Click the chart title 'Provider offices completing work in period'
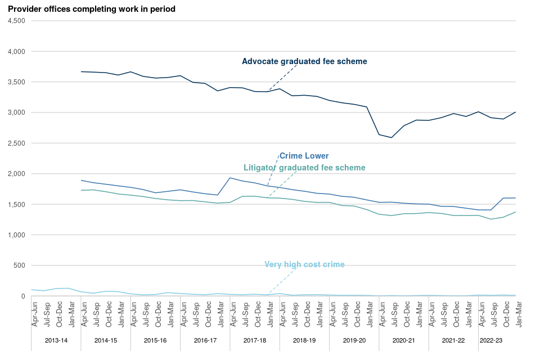[92, 9]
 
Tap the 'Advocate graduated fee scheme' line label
[304, 61]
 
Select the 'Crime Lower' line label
[304, 156]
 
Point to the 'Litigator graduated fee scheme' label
[304, 168]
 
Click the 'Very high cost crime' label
[304, 264]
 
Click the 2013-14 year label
[56, 340]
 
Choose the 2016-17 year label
[205, 340]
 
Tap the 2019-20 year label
[354, 340]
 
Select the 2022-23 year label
[492, 340]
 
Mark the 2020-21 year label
[403, 340]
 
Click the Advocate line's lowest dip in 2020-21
[391, 137]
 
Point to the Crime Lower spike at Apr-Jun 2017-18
[229, 178]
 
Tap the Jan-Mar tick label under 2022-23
[516, 314]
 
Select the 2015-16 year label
[155, 340]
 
